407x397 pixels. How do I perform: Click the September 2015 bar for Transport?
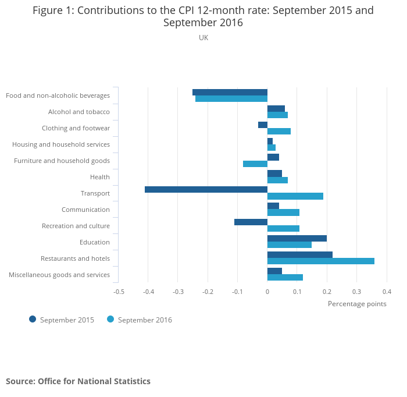(206, 189)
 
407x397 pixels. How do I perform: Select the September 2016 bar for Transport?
(295, 196)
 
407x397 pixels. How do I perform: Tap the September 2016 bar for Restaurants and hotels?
(321, 261)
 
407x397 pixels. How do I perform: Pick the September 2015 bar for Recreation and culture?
(251, 222)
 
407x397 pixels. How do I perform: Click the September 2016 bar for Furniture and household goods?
(255, 164)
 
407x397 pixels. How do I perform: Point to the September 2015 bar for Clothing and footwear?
(263, 125)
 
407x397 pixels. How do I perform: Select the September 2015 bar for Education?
(297, 238)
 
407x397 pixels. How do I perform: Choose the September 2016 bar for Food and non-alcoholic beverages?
(231, 99)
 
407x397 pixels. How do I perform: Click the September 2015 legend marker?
(33, 319)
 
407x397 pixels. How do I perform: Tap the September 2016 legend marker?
(110, 319)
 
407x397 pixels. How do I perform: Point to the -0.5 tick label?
(119, 292)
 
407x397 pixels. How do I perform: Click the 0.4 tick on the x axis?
(386, 292)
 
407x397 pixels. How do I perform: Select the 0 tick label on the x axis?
(267, 292)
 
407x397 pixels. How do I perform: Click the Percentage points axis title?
(357, 303)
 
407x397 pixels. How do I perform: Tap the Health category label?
(100, 177)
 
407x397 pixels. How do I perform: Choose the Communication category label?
(85, 210)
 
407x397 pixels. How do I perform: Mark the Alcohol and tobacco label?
(78, 112)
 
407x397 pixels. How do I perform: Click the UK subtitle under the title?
(203, 38)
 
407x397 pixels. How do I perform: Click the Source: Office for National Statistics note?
(78, 381)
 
